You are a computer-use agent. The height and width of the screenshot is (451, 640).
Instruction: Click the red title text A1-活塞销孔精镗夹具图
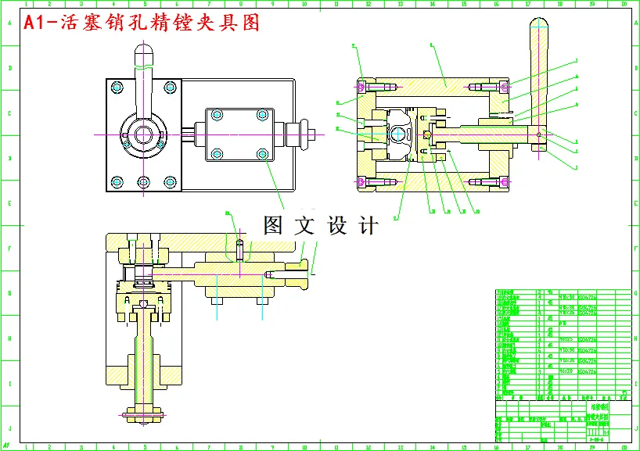coord(141,23)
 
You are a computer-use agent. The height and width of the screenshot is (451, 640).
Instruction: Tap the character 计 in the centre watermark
coord(367,226)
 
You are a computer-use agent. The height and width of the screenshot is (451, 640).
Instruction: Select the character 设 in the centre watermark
coord(337,226)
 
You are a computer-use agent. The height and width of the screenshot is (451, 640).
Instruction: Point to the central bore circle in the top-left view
coord(142,134)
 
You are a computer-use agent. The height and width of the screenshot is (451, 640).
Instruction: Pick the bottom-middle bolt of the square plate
coord(142,183)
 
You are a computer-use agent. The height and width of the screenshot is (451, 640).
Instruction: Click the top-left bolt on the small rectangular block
coord(217,116)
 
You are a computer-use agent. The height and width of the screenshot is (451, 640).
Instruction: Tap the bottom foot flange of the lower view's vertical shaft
coord(144,412)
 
